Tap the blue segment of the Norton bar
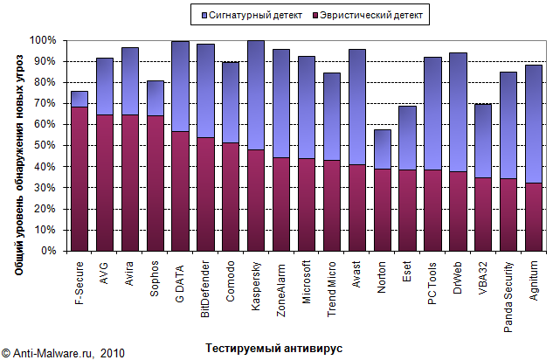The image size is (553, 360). pos(383,149)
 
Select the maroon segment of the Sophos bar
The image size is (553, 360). pos(155,183)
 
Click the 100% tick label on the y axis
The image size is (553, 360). pos(43,41)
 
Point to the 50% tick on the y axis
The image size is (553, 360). pos(45,146)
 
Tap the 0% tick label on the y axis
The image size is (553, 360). pos(48,251)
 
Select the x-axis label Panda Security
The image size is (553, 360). pos(509,298)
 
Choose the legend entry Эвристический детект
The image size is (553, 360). pos(370,15)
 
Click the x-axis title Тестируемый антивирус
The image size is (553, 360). pos(273,348)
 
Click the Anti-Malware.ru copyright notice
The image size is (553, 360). pos(63,353)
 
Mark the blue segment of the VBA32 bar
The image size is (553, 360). pos(484,141)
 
